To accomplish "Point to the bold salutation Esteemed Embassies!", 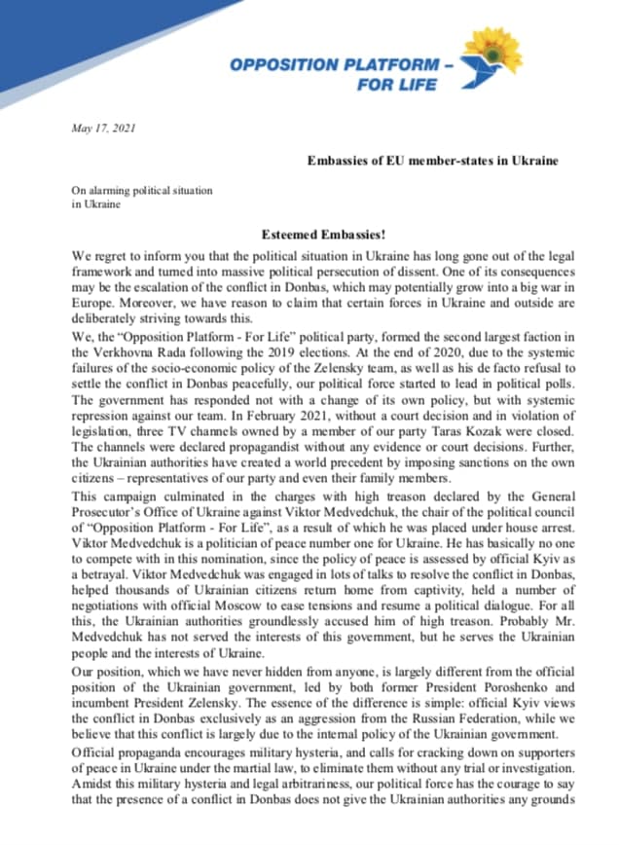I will (x=329, y=233).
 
